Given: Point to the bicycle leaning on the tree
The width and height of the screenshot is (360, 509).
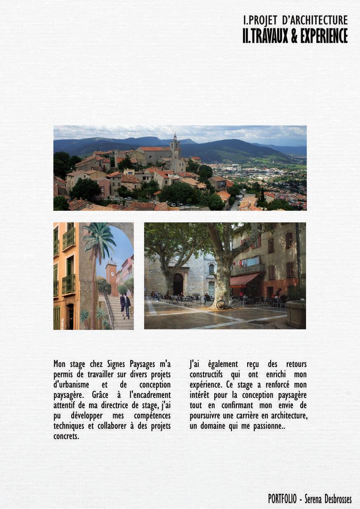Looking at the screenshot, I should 228,304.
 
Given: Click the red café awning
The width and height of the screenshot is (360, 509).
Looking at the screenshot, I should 243,280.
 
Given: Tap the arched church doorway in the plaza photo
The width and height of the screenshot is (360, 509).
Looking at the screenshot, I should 178,284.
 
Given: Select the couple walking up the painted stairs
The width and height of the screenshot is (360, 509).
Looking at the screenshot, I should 125,306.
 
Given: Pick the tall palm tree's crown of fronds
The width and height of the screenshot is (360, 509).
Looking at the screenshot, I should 99,239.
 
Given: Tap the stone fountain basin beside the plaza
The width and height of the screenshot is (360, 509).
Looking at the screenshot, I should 296,314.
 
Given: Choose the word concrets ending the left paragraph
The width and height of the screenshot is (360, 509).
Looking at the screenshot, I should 66,436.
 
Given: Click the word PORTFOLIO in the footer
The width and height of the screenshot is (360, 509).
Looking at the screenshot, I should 282,499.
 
